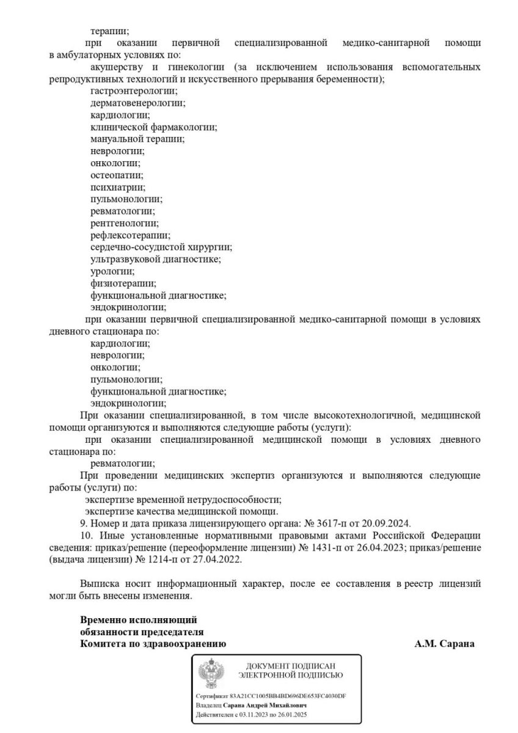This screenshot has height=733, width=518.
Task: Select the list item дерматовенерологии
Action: pos(137,103)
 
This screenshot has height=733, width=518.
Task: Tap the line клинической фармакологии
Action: pos(153,127)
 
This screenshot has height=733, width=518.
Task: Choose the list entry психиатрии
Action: pos(118,187)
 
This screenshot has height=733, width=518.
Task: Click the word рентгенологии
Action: pos(124,223)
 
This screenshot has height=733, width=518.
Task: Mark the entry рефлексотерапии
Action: pos(130,235)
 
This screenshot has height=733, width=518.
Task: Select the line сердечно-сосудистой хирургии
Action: pos(161,247)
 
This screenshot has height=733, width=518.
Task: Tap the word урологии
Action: pos(112,271)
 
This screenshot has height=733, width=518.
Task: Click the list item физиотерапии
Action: pos(123,283)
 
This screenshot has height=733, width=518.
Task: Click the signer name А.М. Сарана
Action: pos(444,644)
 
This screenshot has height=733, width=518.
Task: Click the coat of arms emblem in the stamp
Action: pos(211,672)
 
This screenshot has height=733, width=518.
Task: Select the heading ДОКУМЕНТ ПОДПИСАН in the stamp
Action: pos(291,665)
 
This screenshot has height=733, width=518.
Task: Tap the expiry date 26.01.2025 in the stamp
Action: pos(290,714)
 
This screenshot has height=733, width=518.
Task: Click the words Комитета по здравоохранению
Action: pos(153,644)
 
